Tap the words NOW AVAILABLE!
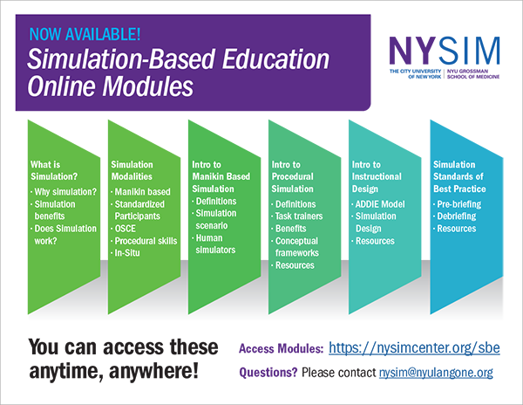click(85, 34)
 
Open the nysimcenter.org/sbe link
click(414, 347)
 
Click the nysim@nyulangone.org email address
click(436, 373)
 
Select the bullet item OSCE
click(125, 229)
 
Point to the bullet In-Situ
click(127, 253)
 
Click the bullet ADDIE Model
click(380, 204)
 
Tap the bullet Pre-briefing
click(459, 204)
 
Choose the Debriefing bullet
click(456, 216)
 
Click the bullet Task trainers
click(299, 216)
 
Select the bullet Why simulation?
click(65, 192)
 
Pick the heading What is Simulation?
click(54, 170)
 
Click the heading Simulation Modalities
click(132, 170)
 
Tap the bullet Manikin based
click(142, 192)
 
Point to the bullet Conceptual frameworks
click(296, 247)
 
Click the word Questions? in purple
click(268, 373)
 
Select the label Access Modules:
click(282, 349)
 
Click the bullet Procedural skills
click(146, 241)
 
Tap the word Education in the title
click(275, 59)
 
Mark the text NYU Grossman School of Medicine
click(473, 74)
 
